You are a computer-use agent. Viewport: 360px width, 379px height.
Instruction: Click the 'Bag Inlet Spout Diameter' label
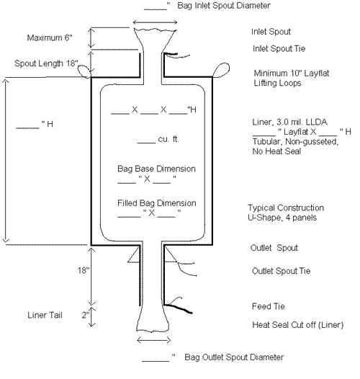coord(224,6)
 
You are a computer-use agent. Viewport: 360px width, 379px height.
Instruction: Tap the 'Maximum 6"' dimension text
coord(50,37)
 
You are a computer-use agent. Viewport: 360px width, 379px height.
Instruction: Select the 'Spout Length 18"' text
coord(46,63)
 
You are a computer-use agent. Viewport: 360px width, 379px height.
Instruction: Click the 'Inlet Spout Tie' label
coord(279,48)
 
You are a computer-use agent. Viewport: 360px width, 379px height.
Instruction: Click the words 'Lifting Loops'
coord(277,83)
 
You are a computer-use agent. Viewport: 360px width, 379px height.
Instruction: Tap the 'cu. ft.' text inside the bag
coord(168,139)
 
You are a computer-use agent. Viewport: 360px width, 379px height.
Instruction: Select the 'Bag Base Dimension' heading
coord(156,169)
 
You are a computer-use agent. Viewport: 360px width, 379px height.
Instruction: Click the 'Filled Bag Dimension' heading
coord(156,203)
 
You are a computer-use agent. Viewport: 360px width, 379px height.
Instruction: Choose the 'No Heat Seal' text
coord(276,151)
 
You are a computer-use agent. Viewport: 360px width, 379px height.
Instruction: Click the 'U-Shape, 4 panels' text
coord(282,218)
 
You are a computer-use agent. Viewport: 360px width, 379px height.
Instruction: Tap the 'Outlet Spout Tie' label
coord(281,271)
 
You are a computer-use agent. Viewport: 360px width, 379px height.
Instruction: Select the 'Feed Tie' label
coord(268,306)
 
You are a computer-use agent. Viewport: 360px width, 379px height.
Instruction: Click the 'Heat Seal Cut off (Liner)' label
coord(297,325)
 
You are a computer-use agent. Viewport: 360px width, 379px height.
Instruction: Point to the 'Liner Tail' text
coord(45,315)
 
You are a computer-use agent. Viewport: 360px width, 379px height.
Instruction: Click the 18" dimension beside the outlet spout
coord(84,270)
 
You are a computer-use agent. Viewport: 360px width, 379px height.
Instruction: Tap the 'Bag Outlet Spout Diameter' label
coord(234,357)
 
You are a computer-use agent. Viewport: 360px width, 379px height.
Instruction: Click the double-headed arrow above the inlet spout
coord(155,22)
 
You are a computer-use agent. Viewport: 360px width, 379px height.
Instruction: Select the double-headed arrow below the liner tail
coord(153,340)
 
